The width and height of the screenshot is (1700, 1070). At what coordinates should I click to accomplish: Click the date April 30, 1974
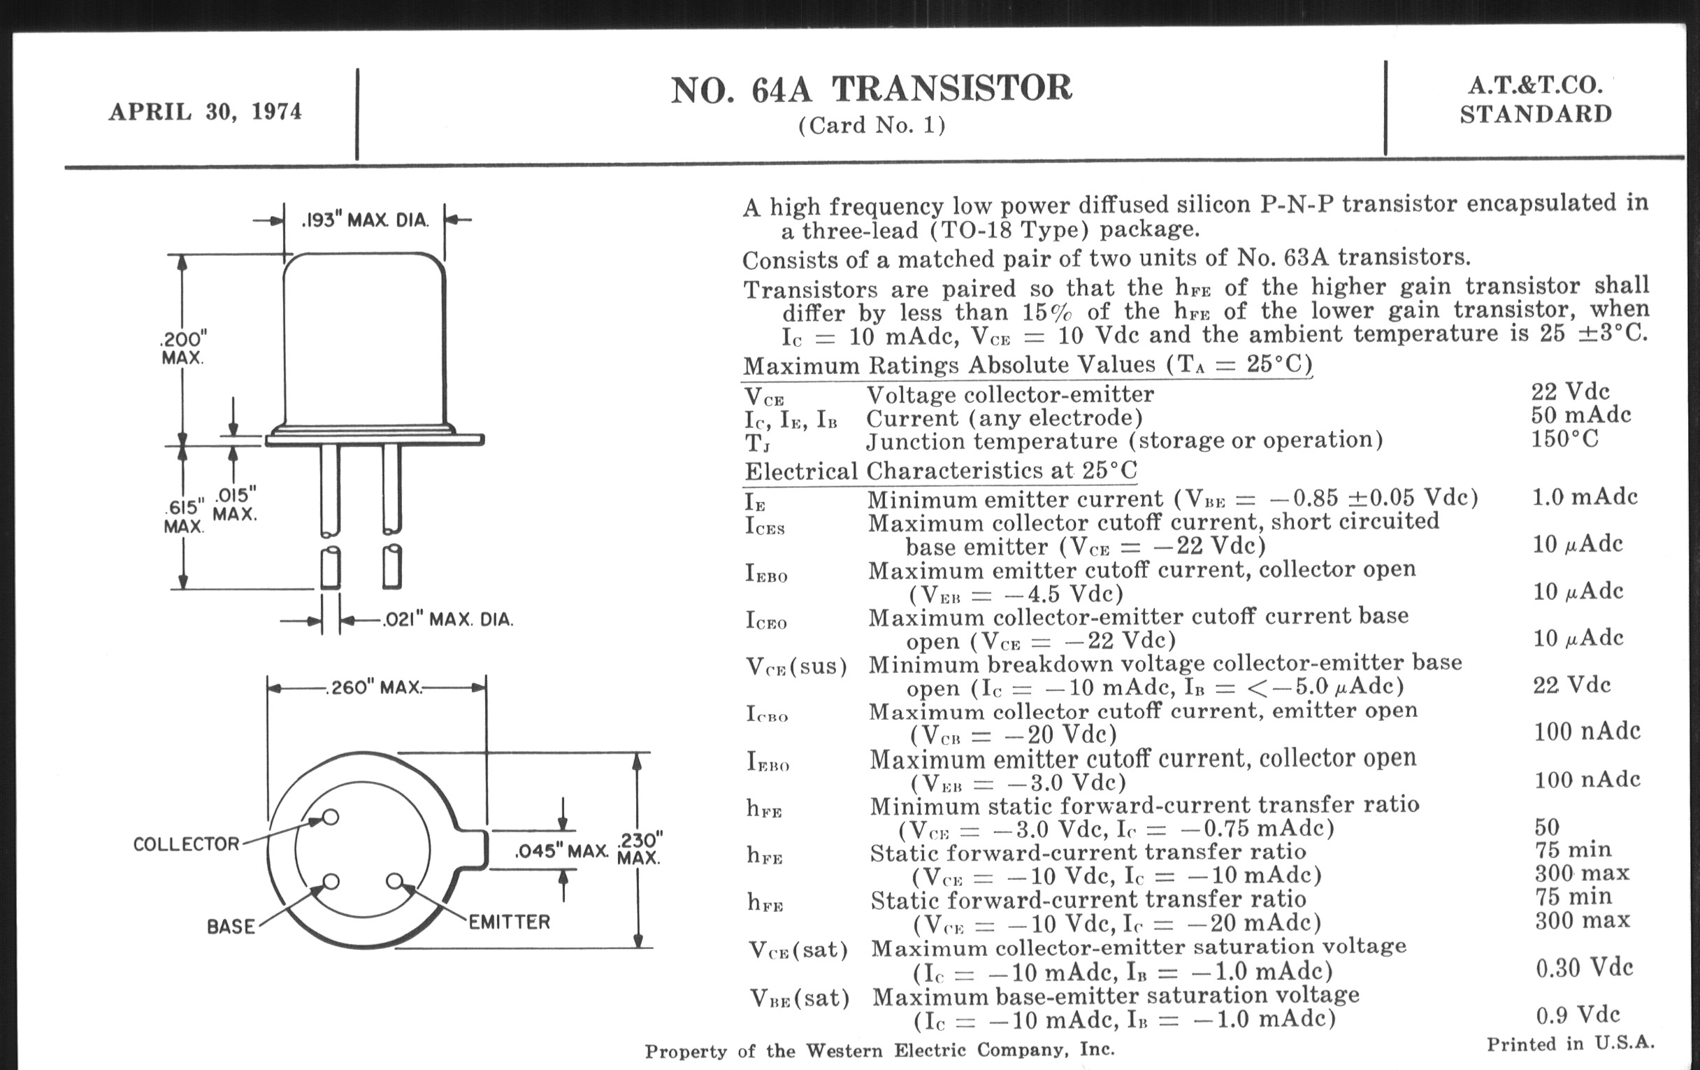205,112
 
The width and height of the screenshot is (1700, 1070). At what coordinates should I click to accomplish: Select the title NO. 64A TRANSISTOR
871,89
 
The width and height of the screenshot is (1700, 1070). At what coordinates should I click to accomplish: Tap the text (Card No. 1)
872,125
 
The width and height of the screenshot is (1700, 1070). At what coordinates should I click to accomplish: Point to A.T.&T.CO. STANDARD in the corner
1536,99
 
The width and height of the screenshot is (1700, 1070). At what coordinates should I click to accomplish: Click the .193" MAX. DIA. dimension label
365,220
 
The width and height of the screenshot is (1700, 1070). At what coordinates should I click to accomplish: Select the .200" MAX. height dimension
183,347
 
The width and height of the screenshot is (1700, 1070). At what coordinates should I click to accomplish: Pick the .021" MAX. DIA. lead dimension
447,620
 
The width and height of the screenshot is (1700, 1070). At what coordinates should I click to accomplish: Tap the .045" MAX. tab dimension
562,851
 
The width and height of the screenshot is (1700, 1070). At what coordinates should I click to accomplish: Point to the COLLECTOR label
187,844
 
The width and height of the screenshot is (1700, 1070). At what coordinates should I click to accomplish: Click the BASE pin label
231,926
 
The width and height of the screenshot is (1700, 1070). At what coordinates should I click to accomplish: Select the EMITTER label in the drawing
509,922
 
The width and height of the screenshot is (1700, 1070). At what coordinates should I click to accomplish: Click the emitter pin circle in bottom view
395,880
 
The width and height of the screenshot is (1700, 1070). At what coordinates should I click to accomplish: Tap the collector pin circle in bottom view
330,817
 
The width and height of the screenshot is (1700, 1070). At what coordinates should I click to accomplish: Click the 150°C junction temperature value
1564,438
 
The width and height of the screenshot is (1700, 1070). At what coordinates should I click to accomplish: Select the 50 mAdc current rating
1580,415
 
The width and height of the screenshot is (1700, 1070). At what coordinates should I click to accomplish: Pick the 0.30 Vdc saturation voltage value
1584,968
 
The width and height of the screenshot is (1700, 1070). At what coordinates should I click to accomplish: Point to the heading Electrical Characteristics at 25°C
941,471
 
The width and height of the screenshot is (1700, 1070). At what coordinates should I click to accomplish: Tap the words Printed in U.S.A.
1570,1044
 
